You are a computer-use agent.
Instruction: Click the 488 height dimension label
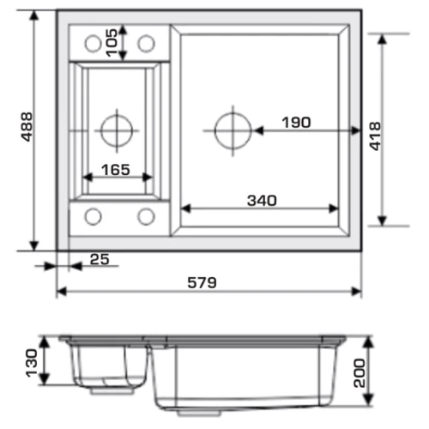[x=27, y=127]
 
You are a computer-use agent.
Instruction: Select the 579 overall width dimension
[x=202, y=283]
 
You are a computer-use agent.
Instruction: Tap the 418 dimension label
[x=375, y=136]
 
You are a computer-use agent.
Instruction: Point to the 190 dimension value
[x=296, y=123]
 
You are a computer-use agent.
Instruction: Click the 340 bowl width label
[x=262, y=201]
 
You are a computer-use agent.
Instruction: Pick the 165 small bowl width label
[x=116, y=170]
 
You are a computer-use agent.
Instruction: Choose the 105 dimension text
[x=112, y=43]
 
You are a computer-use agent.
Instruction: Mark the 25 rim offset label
[x=100, y=259]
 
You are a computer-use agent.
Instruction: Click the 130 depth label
[x=32, y=363]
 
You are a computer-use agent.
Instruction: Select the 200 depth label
[x=360, y=373]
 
